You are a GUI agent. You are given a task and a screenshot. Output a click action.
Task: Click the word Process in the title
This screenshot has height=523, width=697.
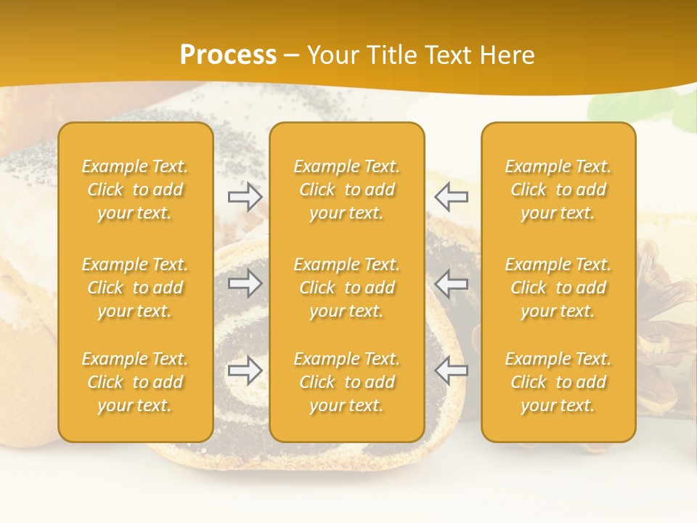click(x=228, y=55)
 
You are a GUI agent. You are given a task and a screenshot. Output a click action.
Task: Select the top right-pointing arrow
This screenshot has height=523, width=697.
click(x=245, y=196)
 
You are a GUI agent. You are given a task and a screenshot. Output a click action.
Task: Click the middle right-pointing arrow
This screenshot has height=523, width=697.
click(x=245, y=283)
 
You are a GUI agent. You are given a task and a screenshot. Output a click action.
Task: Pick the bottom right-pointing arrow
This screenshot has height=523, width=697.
click(x=245, y=370)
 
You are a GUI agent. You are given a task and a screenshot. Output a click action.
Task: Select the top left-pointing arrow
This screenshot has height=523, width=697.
click(x=452, y=196)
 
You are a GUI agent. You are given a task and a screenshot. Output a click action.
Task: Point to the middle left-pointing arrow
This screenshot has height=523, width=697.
click(x=452, y=283)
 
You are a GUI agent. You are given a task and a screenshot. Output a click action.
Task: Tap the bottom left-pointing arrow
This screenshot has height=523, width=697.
click(x=452, y=370)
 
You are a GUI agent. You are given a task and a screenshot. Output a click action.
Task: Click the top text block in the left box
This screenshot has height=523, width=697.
click(x=135, y=190)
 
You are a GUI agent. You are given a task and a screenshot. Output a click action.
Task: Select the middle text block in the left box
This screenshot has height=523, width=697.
click(x=135, y=288)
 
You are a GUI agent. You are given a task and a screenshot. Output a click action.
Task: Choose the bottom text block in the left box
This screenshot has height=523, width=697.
click(x=135, y=382)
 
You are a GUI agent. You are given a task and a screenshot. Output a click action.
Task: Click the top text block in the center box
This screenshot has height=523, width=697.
click(x=347, y=190)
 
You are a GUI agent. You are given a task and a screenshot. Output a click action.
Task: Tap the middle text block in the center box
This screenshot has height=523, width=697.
click(x=347, y=288)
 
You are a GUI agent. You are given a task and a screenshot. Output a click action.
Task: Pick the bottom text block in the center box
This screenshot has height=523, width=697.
click(x=347, y=382)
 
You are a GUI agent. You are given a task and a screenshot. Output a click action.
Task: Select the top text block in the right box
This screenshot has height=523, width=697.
click(x=558, y=190)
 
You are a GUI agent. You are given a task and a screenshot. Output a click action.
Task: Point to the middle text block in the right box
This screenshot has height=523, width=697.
click(x=558, y=288)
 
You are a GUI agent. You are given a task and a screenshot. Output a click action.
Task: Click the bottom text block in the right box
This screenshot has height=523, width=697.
click(x=558, y=382)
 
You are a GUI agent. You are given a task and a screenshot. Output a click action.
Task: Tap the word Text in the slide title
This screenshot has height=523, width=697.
click(x=450, y=55)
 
